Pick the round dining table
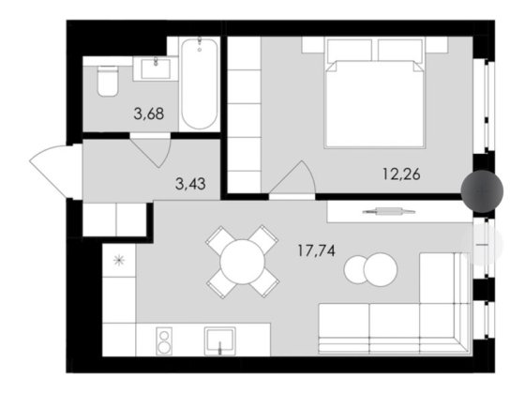pyautogui.click(x=243, y=261)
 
